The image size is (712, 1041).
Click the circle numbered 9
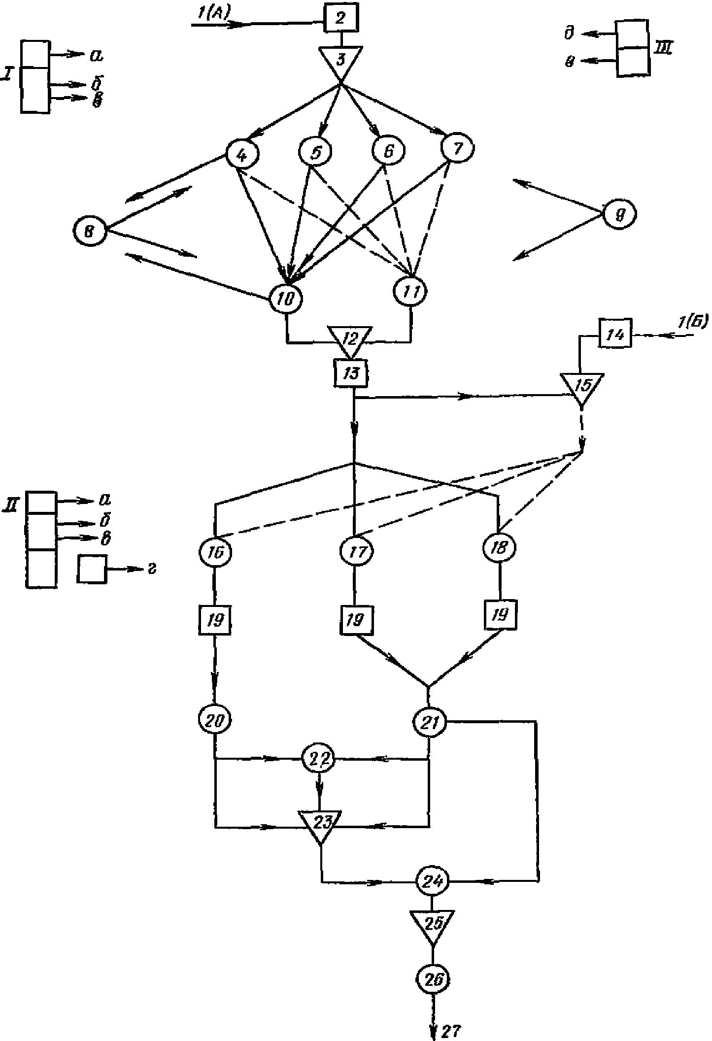(x=620, y=215)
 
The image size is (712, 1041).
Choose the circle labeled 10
(x=286, y=298)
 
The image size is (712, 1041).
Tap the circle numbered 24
(x=433, y=880)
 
